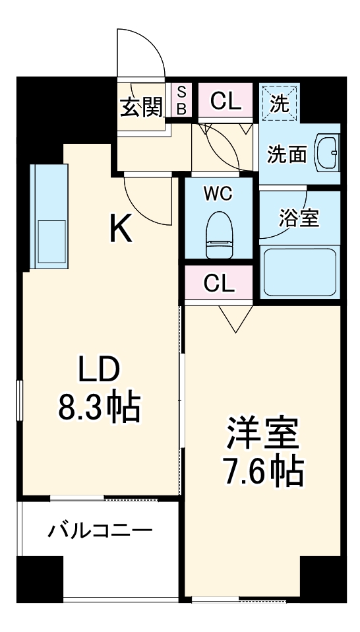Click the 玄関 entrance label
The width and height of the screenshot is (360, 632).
(x=141, y=106)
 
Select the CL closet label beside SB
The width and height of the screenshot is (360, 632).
(x=225, y=101)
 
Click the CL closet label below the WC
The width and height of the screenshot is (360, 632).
(x=219, y=283)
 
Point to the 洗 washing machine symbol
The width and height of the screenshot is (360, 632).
(x=280, y=103)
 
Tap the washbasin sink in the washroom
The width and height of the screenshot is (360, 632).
(x=327, y=153)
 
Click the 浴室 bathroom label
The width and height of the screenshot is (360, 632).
(x=299, y=218)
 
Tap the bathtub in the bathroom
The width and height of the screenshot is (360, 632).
(x=301, y=271)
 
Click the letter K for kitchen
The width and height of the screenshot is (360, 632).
(x=122, y=230)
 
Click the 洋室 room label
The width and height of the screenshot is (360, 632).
(x=264, y=436)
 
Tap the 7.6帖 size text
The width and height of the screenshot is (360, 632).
(x=264, y=472)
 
